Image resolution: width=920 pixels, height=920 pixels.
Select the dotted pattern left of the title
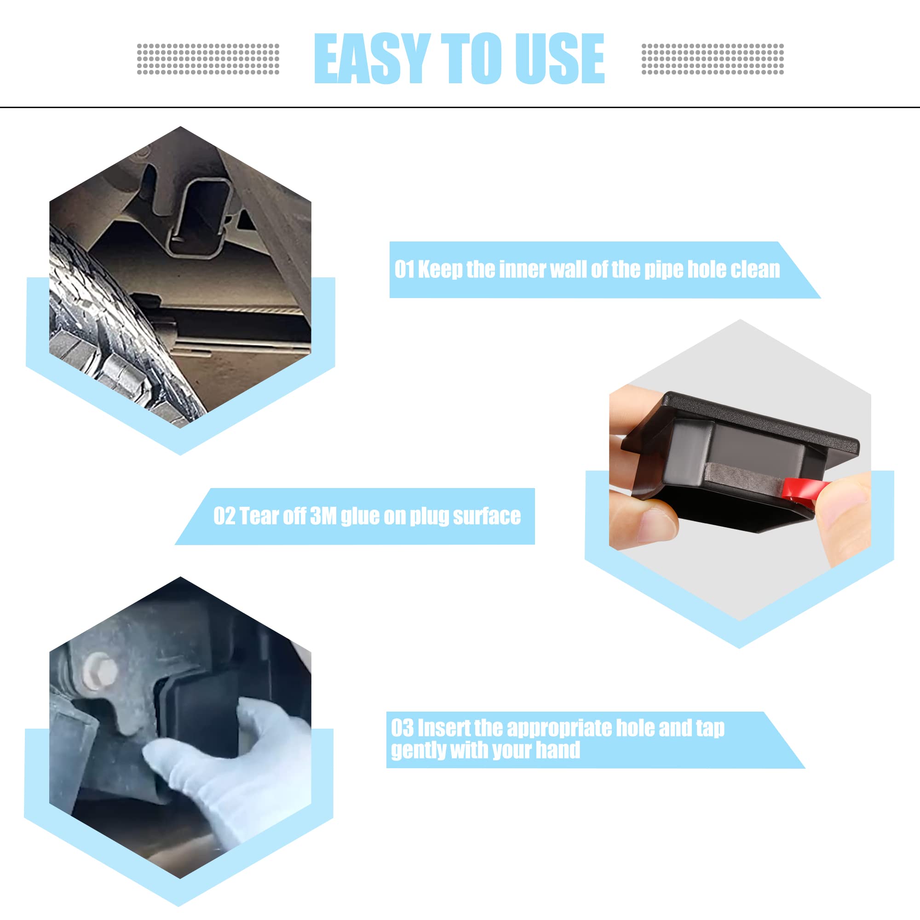coord(208,59)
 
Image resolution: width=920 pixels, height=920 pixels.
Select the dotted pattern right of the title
coord(713,59)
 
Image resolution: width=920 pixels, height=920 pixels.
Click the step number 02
coord(224,516)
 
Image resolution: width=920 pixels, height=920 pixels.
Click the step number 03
coord(402,728)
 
